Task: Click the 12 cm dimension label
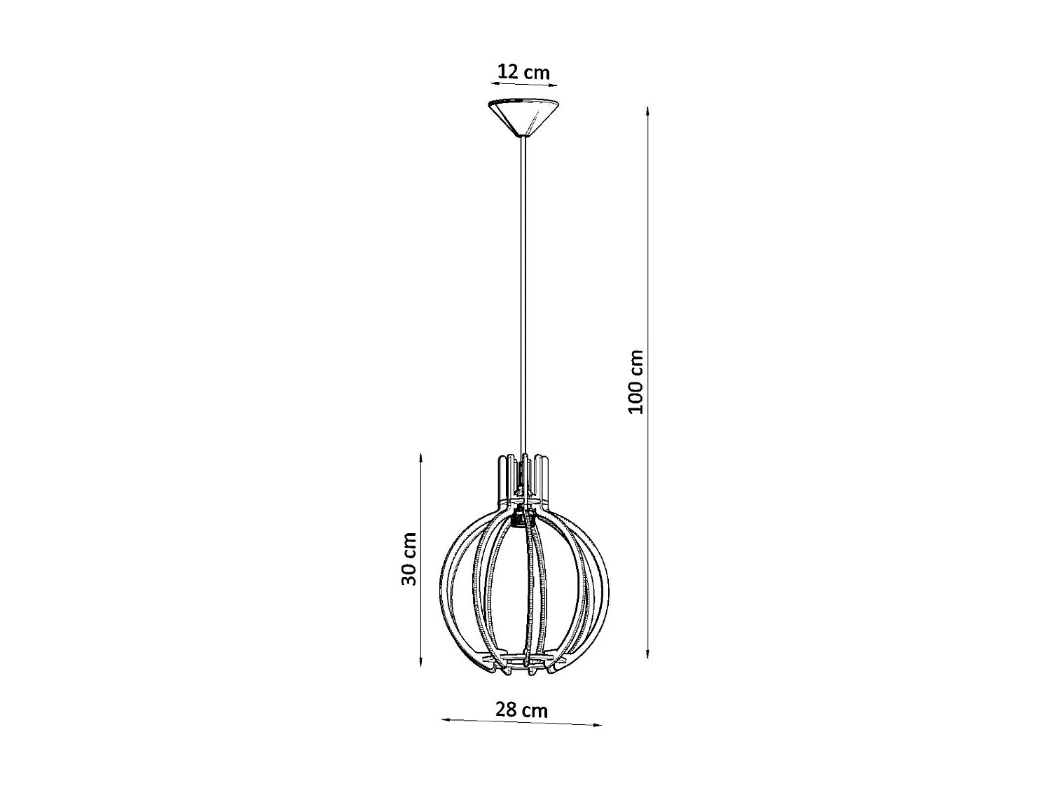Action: [523, 71]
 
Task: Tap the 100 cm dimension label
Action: [636, 382]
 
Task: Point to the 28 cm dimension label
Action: [521, 710]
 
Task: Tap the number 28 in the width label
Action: [505, 710]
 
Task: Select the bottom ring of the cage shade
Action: [523, 662]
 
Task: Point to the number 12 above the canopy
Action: [507, 71]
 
